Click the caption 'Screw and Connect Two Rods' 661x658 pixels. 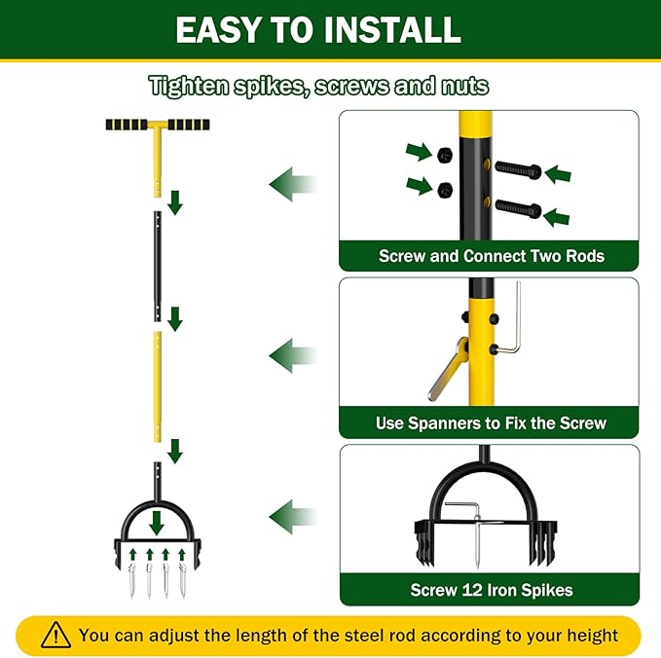click(491, 256)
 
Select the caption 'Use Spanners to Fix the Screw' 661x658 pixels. click(491, 423)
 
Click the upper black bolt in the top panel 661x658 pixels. click(518, 169)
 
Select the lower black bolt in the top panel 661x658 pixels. click(518, 206)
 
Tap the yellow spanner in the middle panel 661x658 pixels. click(447, 367)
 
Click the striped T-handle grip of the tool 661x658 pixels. click(157, 127)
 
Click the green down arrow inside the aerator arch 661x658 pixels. click(156, 523)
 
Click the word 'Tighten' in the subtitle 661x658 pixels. click(188, 86)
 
